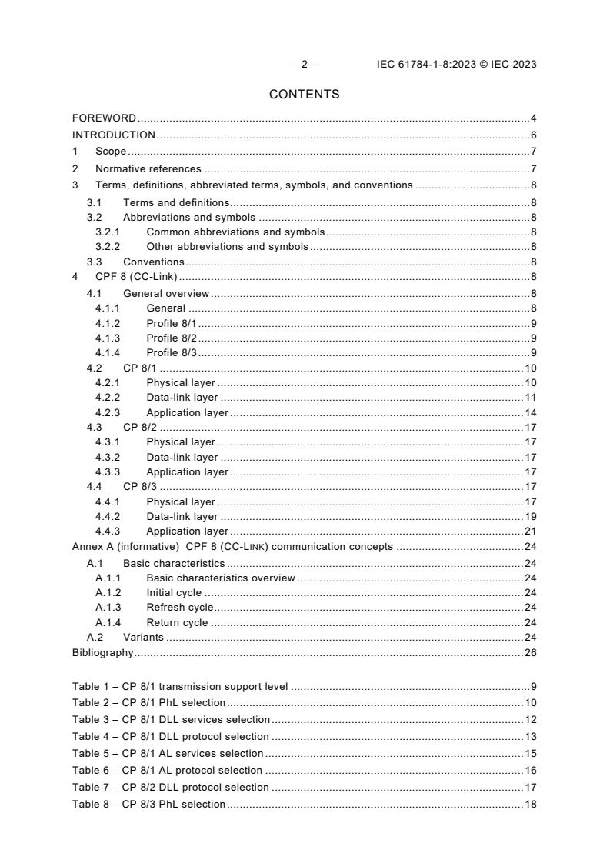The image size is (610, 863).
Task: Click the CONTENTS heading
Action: point(304,95)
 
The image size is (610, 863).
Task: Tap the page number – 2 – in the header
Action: point(304,64)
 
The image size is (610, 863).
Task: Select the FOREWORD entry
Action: point(104,118)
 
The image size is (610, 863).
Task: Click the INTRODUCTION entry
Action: point(114,135)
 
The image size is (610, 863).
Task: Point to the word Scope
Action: point(111,152)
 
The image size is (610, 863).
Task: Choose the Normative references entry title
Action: point(148,168)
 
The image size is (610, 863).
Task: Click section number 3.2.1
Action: point(109,232)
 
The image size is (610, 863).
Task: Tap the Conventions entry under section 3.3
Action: point(153,262)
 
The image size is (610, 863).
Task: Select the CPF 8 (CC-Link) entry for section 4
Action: point(137,278)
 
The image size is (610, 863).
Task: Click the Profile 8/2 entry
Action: point(172,338)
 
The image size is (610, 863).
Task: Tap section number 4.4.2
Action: point(109,516)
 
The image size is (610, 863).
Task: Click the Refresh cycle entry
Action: point(180,608)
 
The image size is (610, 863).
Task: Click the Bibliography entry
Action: point(102,653)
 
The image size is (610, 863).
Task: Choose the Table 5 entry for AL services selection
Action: point(168,753)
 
